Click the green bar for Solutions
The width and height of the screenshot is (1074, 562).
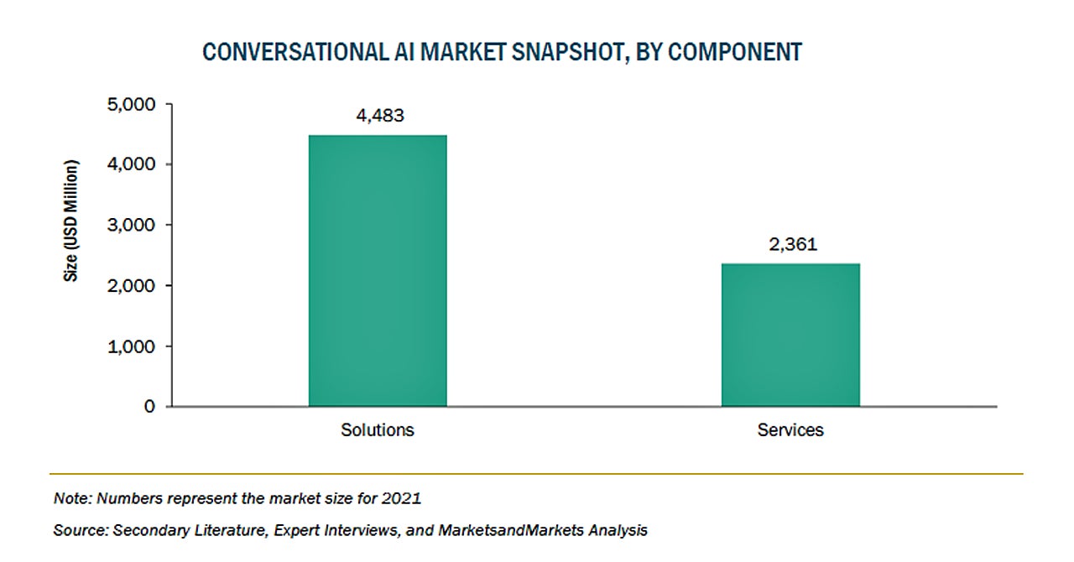point(378,270)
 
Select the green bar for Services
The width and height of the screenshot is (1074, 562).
point(790,335)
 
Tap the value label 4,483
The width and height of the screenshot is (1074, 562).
point(380,116)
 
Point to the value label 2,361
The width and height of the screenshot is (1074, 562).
point(793,245)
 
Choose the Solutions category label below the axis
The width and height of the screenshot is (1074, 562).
point(378,430)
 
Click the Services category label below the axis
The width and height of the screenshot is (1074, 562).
point(790,430)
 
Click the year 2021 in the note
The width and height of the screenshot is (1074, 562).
point(402,498)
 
